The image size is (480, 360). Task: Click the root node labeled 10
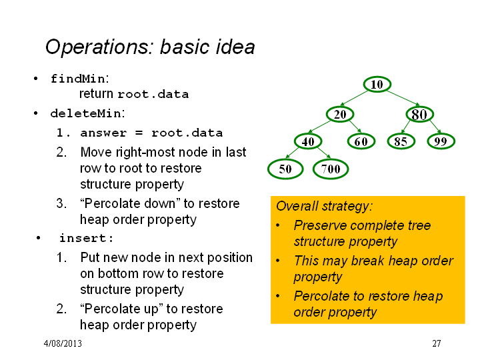tap(377, 84)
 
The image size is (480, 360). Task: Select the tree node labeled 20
tap(340, 114)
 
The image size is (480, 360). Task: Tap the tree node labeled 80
tap(419, 114)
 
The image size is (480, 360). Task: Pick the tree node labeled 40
tap(308, 141)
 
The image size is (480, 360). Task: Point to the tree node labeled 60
tap(361, 141)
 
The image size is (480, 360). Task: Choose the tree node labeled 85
tap(401, 141)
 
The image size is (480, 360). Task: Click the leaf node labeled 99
tap(441, 141)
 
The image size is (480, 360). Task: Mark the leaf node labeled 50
tap(285, 169)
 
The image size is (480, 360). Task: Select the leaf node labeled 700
tap(331, 169)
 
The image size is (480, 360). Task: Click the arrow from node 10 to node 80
tap(403, 98)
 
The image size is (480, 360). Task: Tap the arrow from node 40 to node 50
tap(293, 153)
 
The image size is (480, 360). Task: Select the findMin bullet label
tap(79, 79)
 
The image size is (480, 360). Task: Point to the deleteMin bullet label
tap(87, 113)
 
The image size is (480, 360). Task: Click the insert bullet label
tap(86, 238)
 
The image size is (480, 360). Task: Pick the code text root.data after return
tap(153, 94)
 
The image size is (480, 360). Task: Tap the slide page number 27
tap(437, 343)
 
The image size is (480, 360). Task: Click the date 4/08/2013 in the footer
tap(63, 343)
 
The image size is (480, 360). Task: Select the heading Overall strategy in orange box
tap(324, 206)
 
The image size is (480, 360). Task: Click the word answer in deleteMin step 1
tap(103, 133)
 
